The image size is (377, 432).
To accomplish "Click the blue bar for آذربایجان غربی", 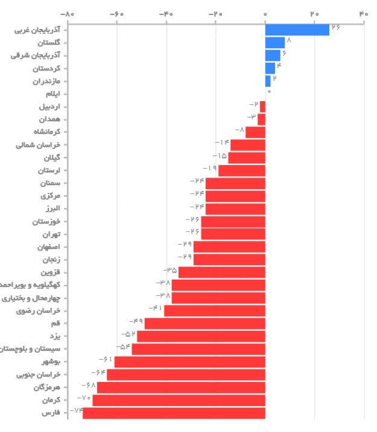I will tap(297, 30).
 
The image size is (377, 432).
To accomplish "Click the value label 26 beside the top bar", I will tap(335, 27).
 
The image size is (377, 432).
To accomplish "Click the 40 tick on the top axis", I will tap(363, 13).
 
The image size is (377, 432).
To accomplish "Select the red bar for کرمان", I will tap(179, 400).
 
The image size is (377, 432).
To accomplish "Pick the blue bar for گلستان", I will tap(274, 42).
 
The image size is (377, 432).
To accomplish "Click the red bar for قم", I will tap(204, 324).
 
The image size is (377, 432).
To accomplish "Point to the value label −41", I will tap(155, 308).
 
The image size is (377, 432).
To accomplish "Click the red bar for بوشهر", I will tap(189, 362).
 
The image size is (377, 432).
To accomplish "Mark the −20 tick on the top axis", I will tap(215, 13).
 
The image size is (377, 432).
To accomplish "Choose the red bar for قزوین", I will tap(221, 272).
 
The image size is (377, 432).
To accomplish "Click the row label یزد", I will tap(54, 336).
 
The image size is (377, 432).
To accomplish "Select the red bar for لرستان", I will tap(241, 171).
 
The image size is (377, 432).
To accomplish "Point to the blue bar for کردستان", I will tap(270, 68).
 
